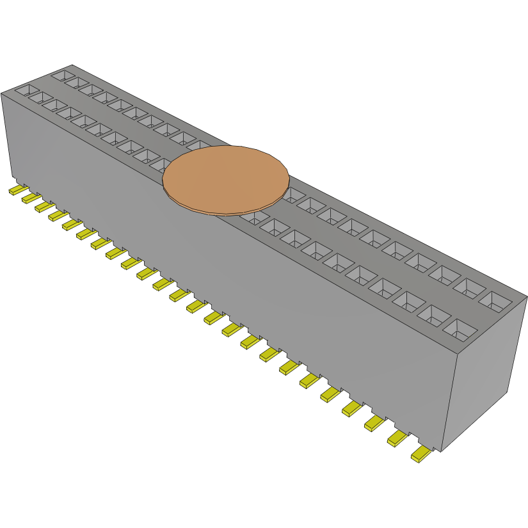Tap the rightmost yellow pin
point(422,454)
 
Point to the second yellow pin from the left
point(31,198)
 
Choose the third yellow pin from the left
point(44,207)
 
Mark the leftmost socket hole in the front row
point(26,90)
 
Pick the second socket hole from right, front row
point(435,314)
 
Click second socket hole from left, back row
point(77,83)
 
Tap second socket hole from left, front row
point(41,97)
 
